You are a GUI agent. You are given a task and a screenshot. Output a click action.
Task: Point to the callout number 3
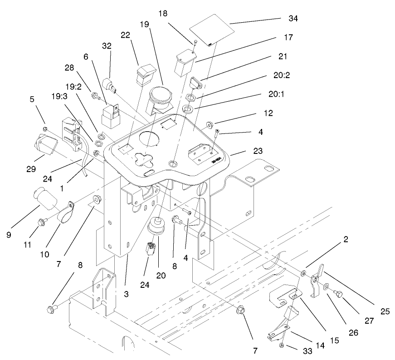tap(126, 295)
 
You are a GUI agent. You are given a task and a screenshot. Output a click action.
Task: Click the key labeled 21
tap(196, 84)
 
